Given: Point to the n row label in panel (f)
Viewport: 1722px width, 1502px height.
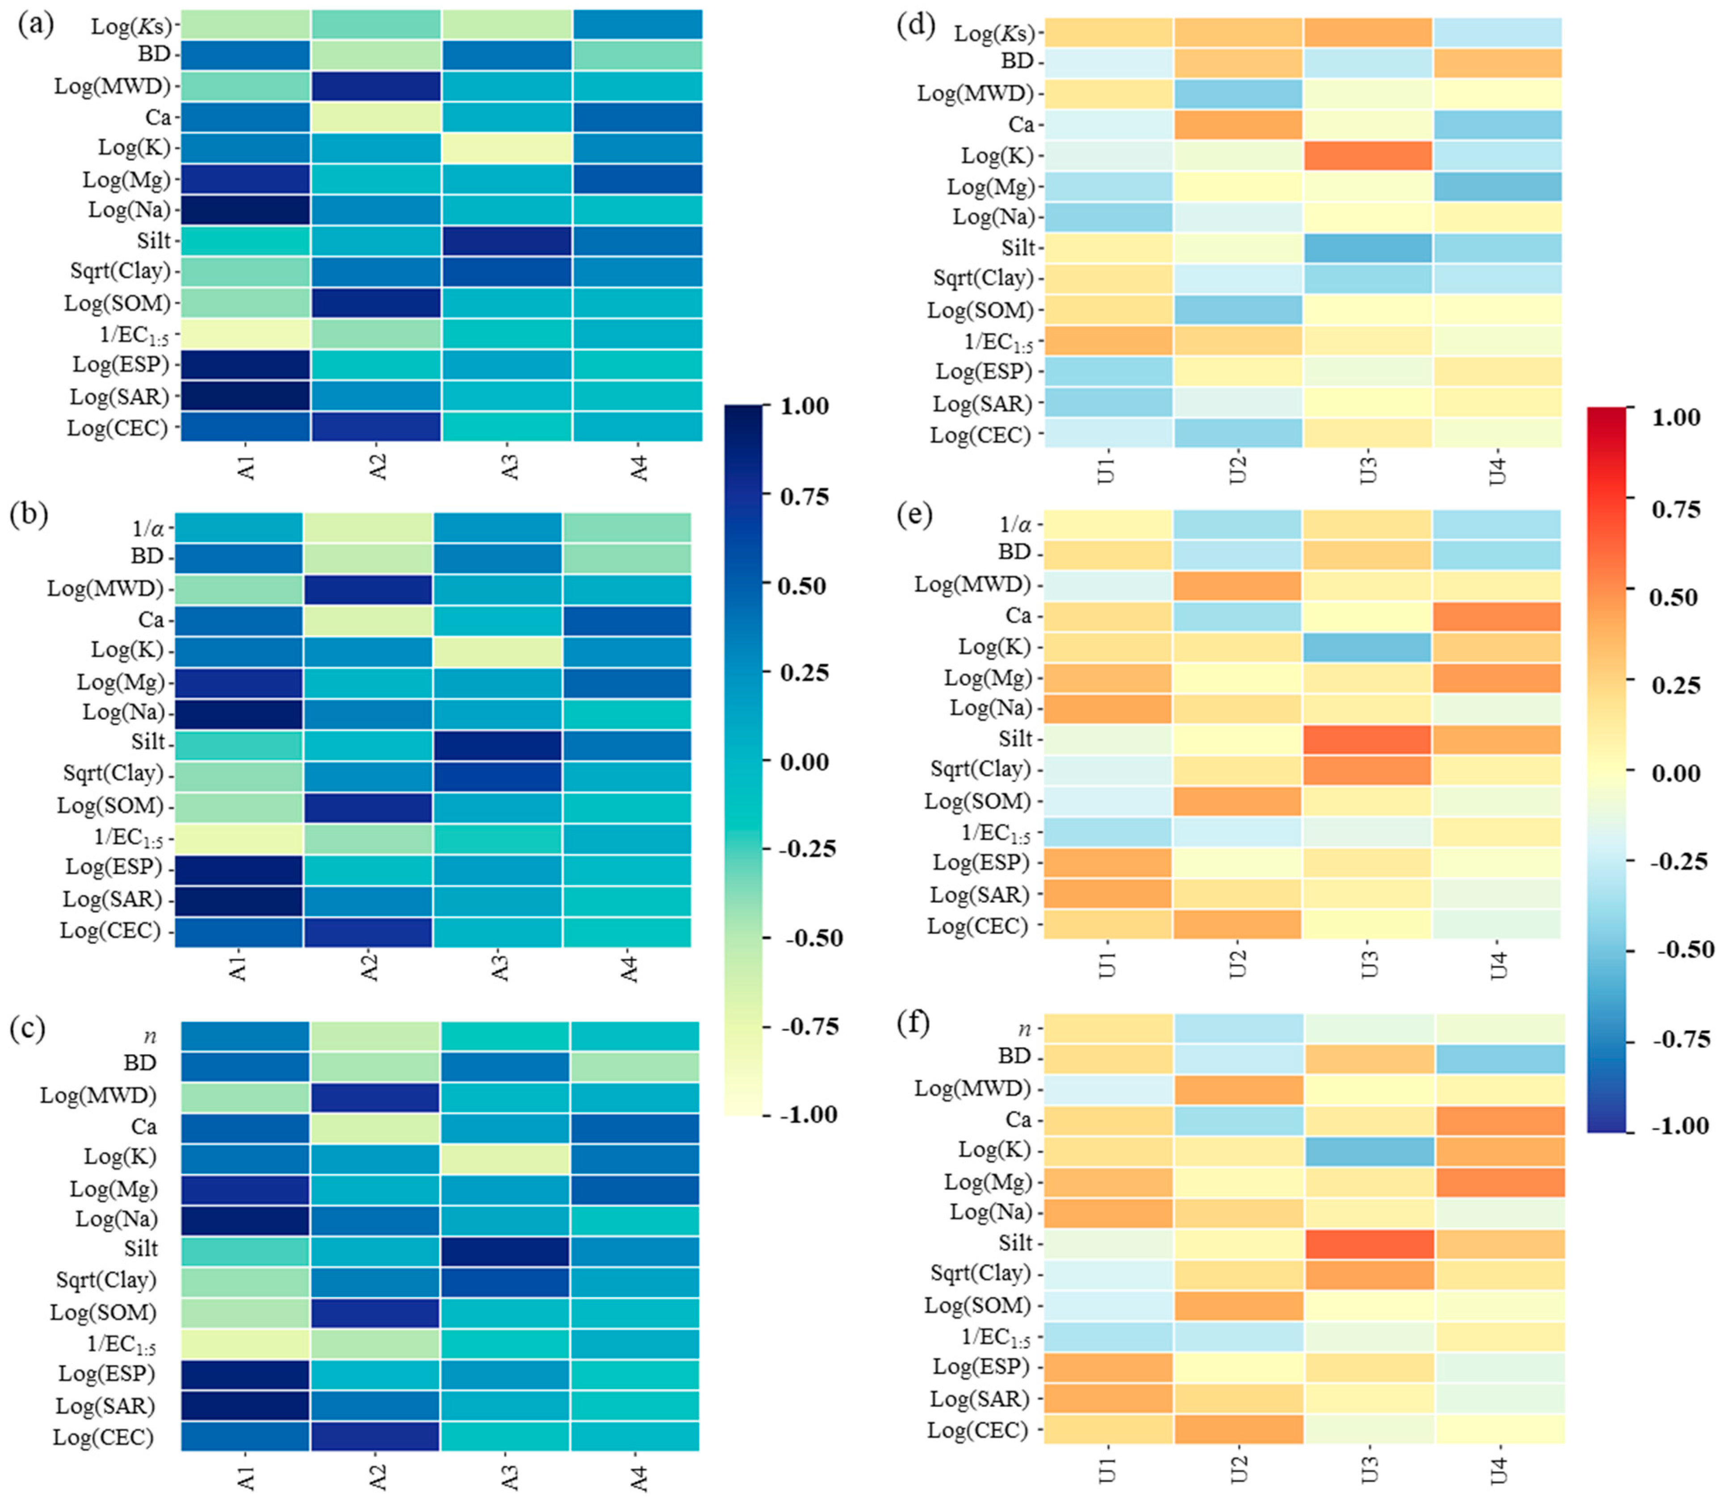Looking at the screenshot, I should pyautogui.click(x=1024, y=1027).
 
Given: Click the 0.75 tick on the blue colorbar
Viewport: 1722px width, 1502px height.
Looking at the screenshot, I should pyautogui.click(x=803, y=496).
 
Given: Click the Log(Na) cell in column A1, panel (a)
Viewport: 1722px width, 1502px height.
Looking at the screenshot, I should pyautogui.click(x=245, y=209).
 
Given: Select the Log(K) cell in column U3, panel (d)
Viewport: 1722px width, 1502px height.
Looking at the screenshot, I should pyautogui.click(x=1368, y=155).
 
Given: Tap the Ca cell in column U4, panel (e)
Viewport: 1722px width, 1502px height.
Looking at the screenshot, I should pyautogui.click(x=1497, y=616).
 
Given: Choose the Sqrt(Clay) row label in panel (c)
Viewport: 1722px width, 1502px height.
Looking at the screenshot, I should pyautogui.click(x=106, y=1280).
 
